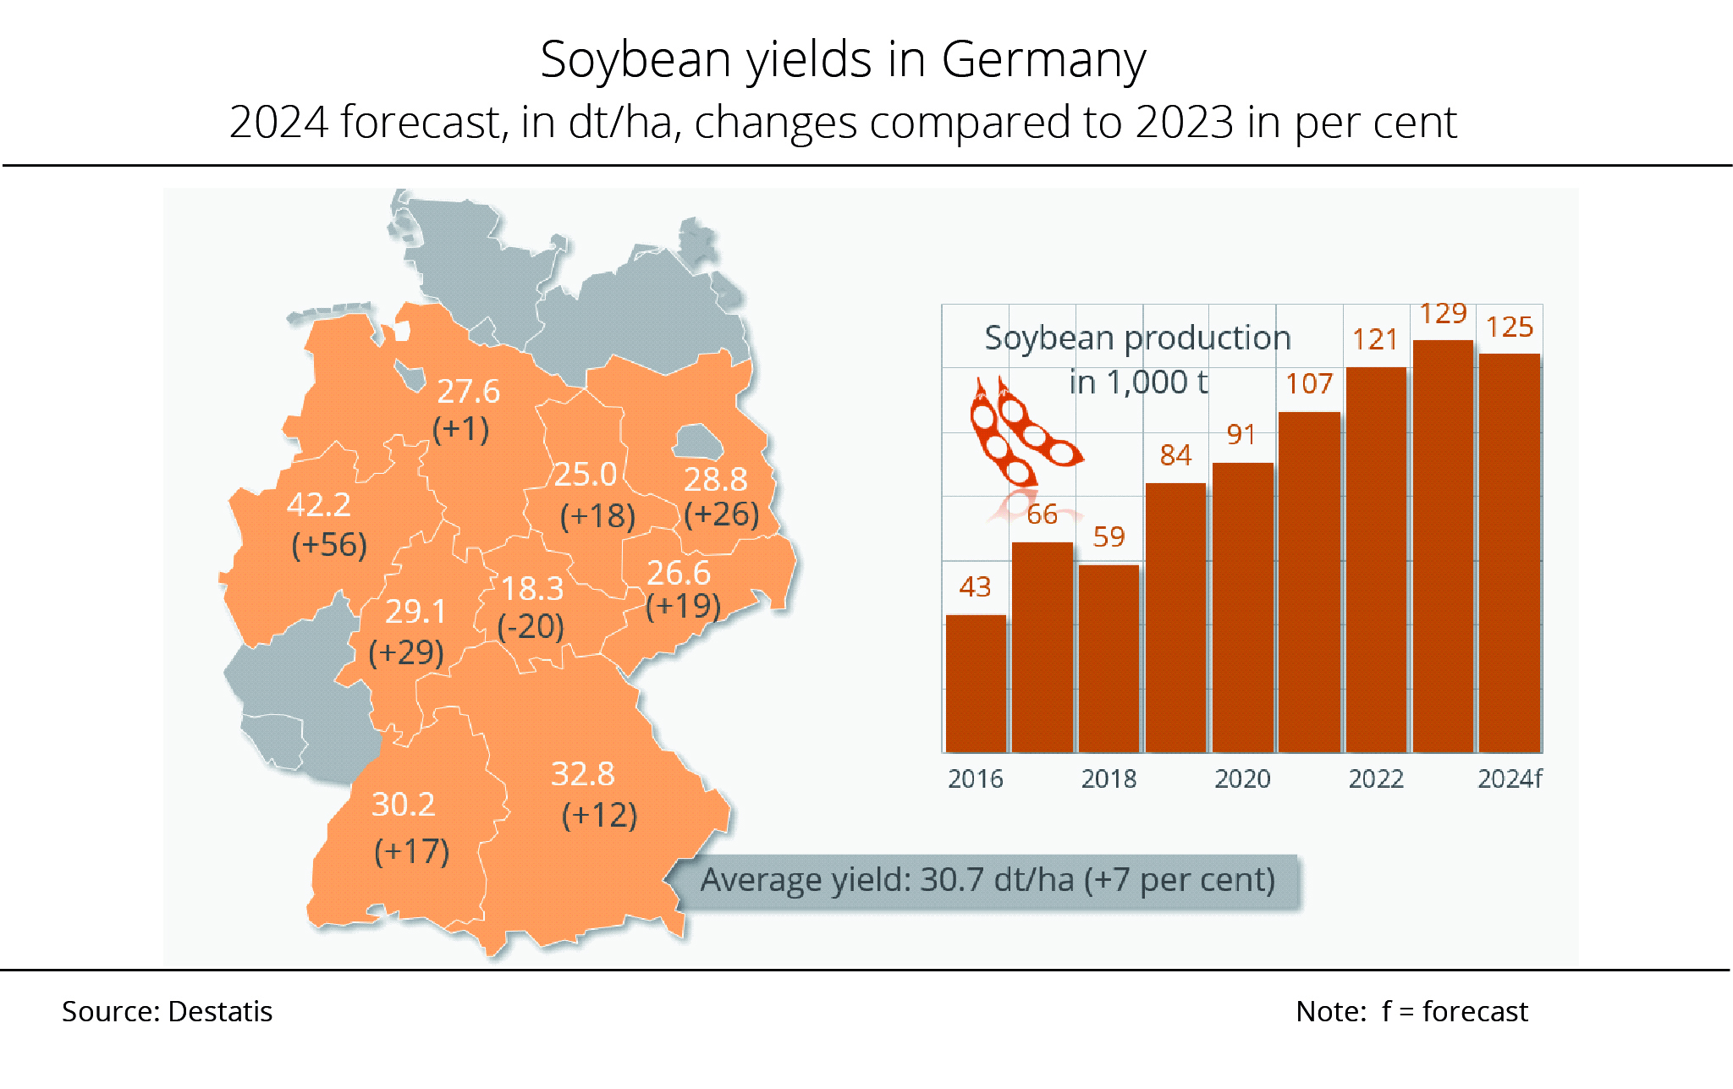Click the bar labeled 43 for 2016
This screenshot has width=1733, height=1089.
point(976,683)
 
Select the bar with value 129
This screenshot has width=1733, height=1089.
point(1443,546)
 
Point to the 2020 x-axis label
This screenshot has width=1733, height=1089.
point(1242,778)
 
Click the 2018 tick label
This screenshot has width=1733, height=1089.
point(1109,778)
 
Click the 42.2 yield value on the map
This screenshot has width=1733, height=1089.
point(318,505)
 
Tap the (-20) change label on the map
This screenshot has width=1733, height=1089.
point(531,627)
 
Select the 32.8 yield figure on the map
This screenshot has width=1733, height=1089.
point(582,774)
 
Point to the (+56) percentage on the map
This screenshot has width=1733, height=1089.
point(329,545)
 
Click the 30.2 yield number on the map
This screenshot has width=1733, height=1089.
point(403,805)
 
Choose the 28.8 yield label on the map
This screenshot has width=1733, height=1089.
point(715,480)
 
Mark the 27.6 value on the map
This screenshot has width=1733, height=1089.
point(468,392)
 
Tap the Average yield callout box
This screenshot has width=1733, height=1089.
point(987,881)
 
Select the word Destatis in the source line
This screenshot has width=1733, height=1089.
point(220,1012)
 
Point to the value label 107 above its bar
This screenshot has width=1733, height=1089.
point(1309,384)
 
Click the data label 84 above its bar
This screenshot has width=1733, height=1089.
point(1175,455)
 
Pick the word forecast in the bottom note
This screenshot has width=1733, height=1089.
point(1475,1012)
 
